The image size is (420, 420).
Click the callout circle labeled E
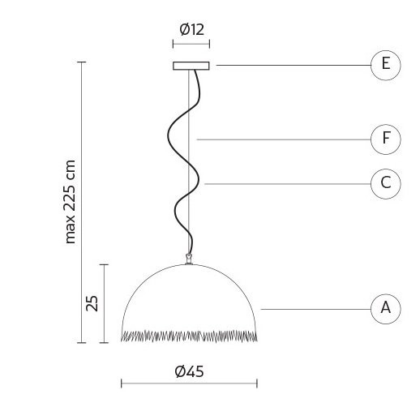tap(385, 65)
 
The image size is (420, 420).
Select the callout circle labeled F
tap(385, 139)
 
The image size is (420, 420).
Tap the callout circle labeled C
tap(385, 183)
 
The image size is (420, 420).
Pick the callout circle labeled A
tap(385, 308)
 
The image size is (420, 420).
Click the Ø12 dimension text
tap(191, 30)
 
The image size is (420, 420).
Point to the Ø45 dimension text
tap(189, 372)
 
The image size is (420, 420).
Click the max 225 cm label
tap(71, 200)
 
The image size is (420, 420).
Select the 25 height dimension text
tap(92, 303)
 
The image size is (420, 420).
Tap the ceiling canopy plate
tap(191, 65)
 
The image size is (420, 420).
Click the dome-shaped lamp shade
tap(190, 296)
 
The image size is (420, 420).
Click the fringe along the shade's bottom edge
tap(190, 335)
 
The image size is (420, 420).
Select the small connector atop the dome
tap(190, 259)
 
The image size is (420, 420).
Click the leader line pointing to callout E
tap(292, 65)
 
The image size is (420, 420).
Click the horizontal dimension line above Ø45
tap(189, 384)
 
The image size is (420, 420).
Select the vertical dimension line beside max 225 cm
tap(82, 203)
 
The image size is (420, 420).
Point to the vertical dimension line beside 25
tap(104, 303)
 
